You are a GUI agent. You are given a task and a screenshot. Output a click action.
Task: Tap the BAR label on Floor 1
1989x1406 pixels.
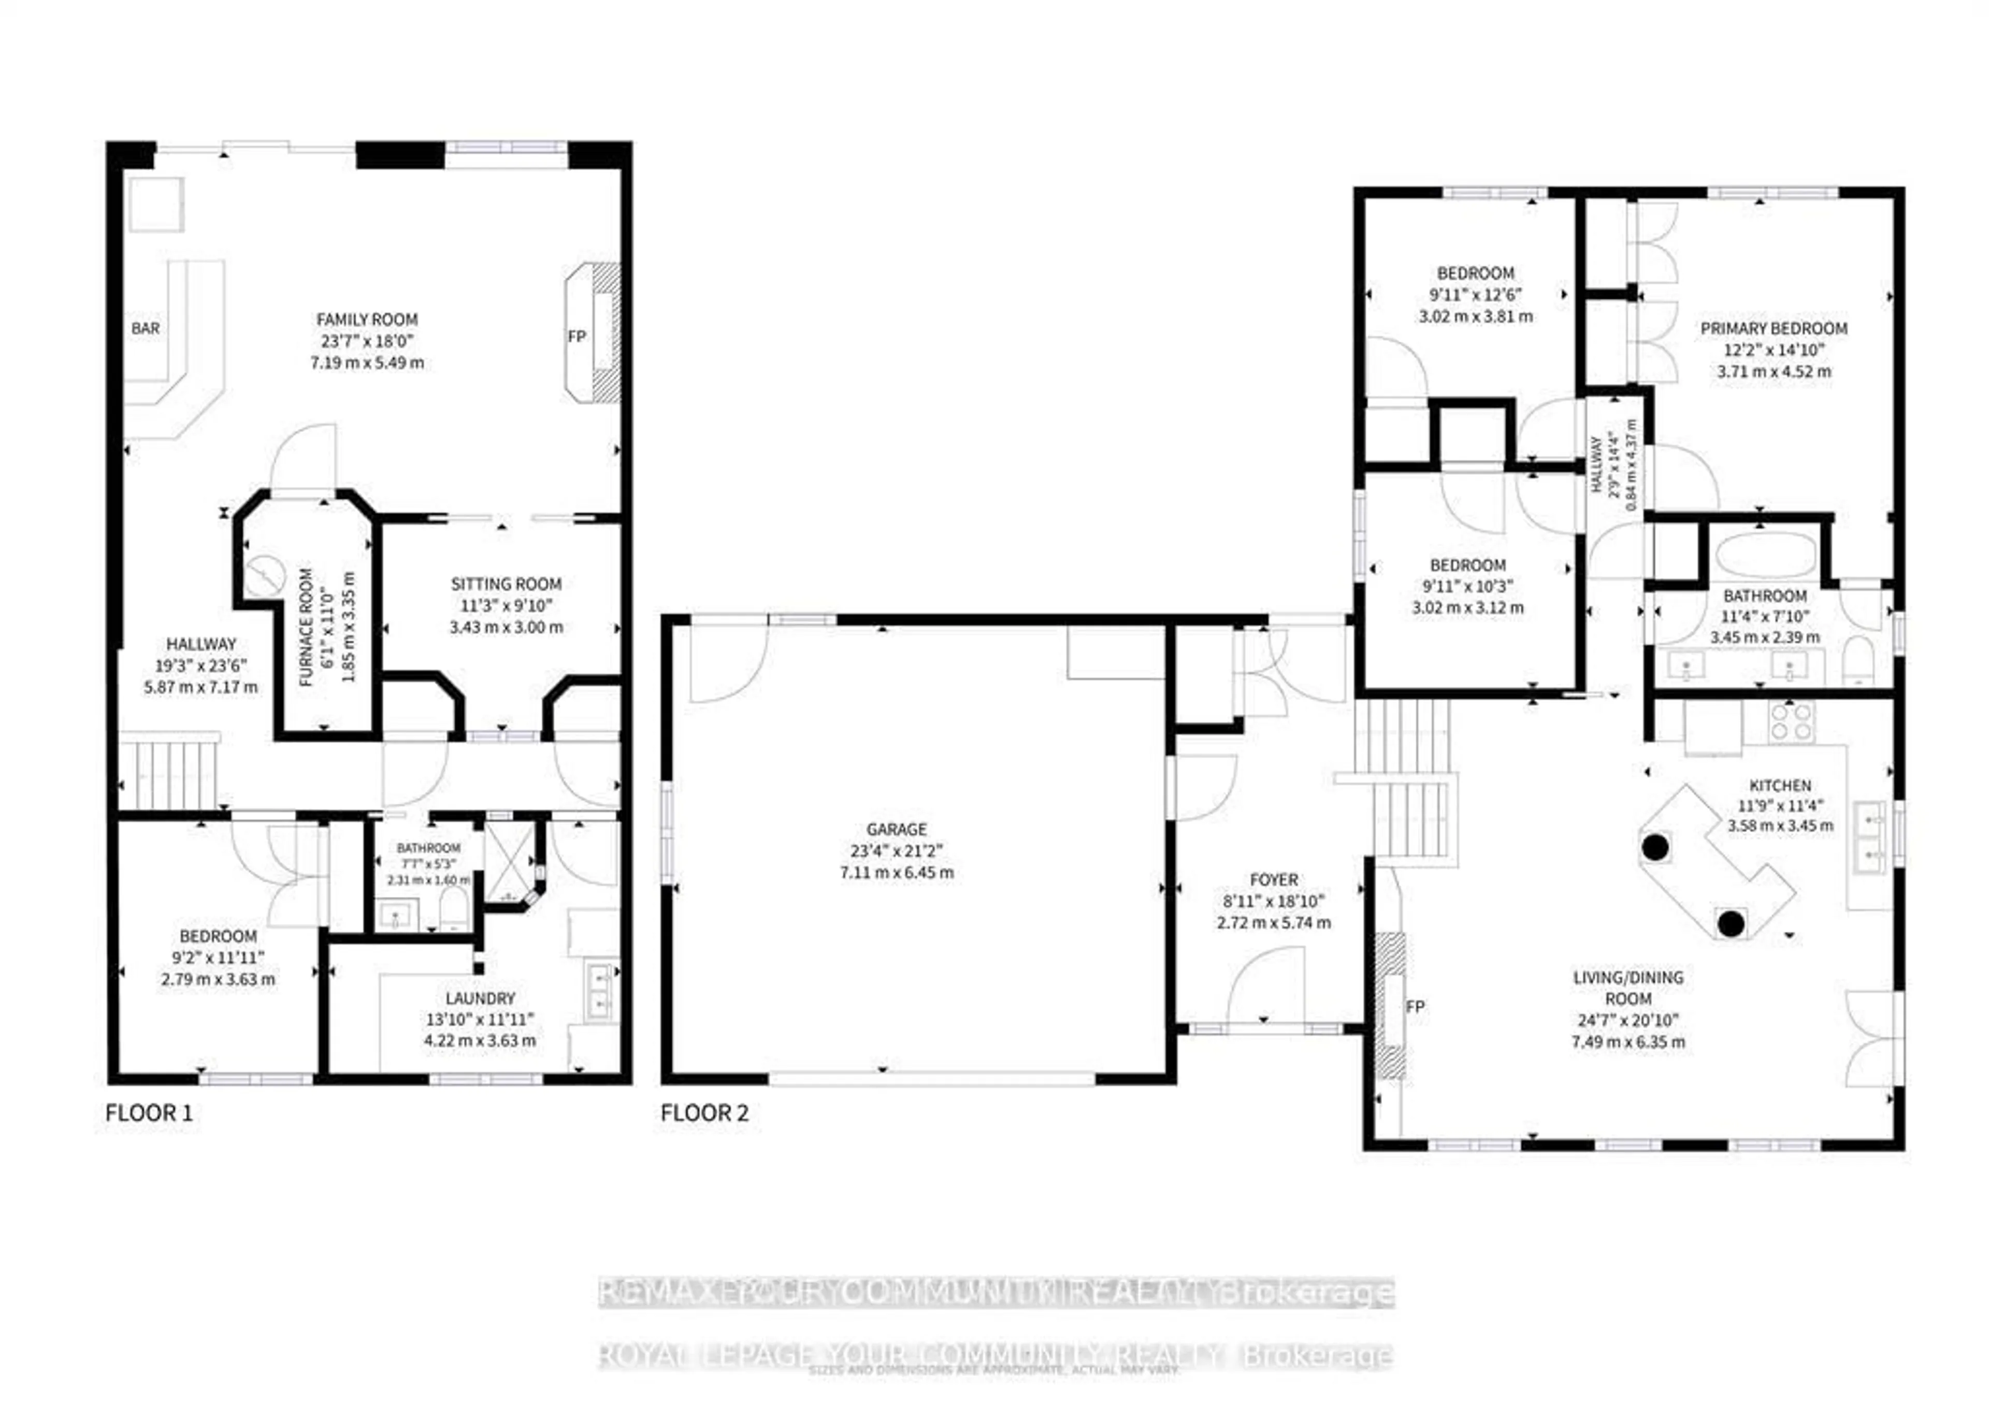[x=146, y=328]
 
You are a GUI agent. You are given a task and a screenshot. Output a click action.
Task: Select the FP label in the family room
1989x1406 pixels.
[x=577, y=336]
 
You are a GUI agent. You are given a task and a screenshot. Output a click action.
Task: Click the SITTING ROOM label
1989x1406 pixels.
[x=506, y=584]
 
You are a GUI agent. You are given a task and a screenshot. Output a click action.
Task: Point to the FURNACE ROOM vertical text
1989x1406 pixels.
[x=305, y=627]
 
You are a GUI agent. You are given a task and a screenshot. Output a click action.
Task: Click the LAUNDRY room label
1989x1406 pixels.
[x=480, y=998]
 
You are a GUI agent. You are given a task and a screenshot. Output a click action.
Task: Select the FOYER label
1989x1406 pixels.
[x=1274, y=879]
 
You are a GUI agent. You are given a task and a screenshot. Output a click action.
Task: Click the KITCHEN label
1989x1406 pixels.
[x=1780, y=785]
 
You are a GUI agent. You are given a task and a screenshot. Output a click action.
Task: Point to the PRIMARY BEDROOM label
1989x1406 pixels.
[x=1774, y=328]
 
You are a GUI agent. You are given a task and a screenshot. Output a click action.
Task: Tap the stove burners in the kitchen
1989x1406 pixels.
[x=1791, y=721]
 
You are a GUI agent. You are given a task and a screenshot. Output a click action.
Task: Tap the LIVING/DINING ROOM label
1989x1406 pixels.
[x=1628, y=988]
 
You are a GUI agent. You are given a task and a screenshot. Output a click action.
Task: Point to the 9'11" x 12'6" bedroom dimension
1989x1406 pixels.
[x=1475, y=295]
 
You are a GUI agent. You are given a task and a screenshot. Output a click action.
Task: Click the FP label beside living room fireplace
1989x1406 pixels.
[x=1415, y=1007]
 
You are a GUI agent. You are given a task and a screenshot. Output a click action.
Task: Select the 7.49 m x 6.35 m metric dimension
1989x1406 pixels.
[x=1628, y=1042]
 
